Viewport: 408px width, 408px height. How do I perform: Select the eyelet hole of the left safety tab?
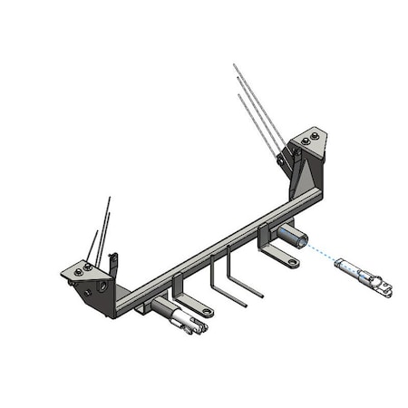click(208, 312)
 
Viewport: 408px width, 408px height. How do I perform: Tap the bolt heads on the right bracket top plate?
click(310, 137)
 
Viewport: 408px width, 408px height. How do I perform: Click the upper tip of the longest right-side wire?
click(234, 64)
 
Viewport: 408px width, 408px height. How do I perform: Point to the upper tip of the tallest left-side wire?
click(110, 197)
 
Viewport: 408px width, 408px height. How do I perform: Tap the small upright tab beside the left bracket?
click(114, 264)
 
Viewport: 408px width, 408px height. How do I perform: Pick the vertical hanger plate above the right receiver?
click(264, 236)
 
